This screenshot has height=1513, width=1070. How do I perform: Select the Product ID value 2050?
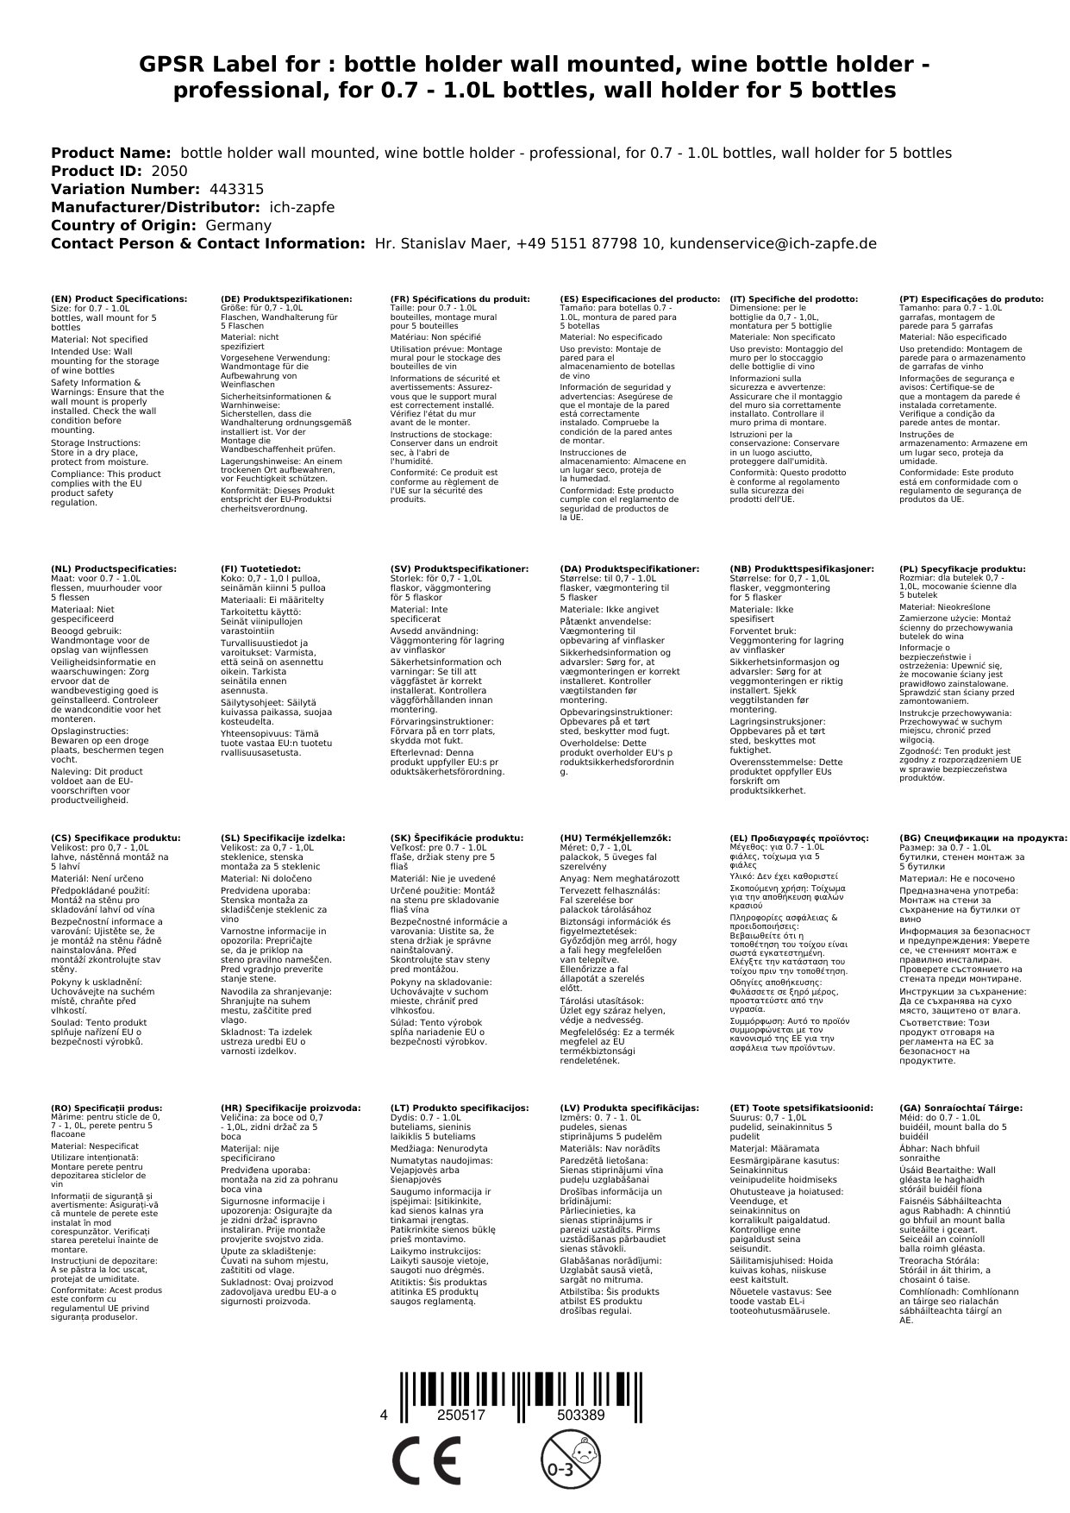(169, 171)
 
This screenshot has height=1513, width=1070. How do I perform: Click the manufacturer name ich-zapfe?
(302, 207)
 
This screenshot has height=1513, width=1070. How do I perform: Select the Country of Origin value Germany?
(238, 225)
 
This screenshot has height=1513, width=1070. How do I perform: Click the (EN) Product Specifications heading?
(119, 298)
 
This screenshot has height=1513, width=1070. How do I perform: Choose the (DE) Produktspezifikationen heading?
(286, 298)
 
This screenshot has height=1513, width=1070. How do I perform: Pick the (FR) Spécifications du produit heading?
(460, 298)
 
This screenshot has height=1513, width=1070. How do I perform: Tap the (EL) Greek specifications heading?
(799, 838)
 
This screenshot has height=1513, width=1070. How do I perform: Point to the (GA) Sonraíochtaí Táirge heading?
(960, 1108)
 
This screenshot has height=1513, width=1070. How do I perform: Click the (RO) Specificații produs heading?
(107, 1108)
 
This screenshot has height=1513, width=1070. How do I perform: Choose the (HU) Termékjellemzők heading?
(615, 838)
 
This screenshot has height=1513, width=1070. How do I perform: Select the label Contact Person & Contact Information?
(207, 243)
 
